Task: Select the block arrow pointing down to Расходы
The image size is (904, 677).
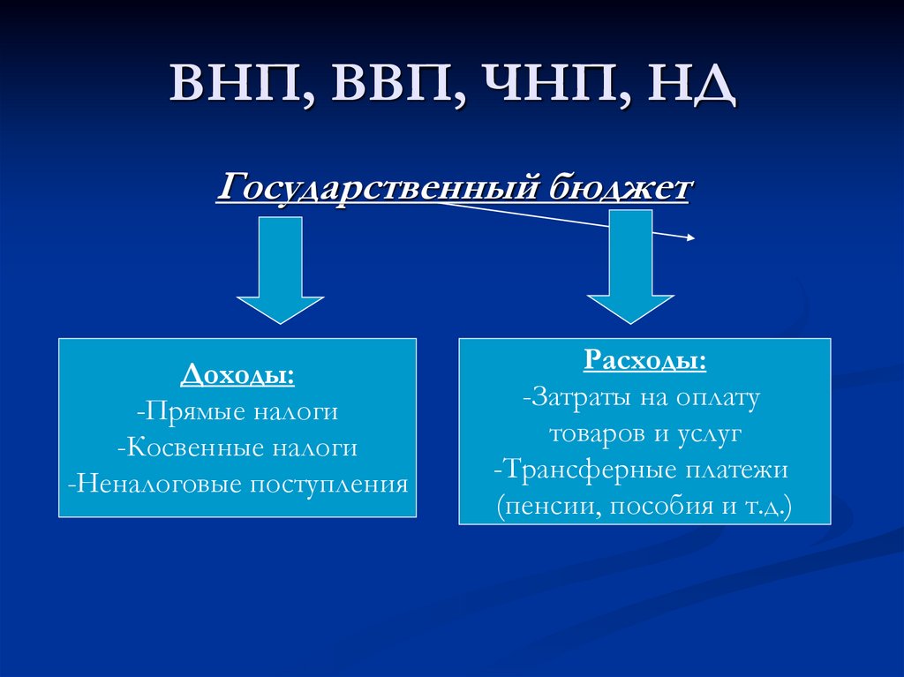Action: [631, 265]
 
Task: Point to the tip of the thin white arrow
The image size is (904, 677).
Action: [694, 237]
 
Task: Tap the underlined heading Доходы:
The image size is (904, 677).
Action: [237, 375]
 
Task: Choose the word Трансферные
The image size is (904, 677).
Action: [588, 470]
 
